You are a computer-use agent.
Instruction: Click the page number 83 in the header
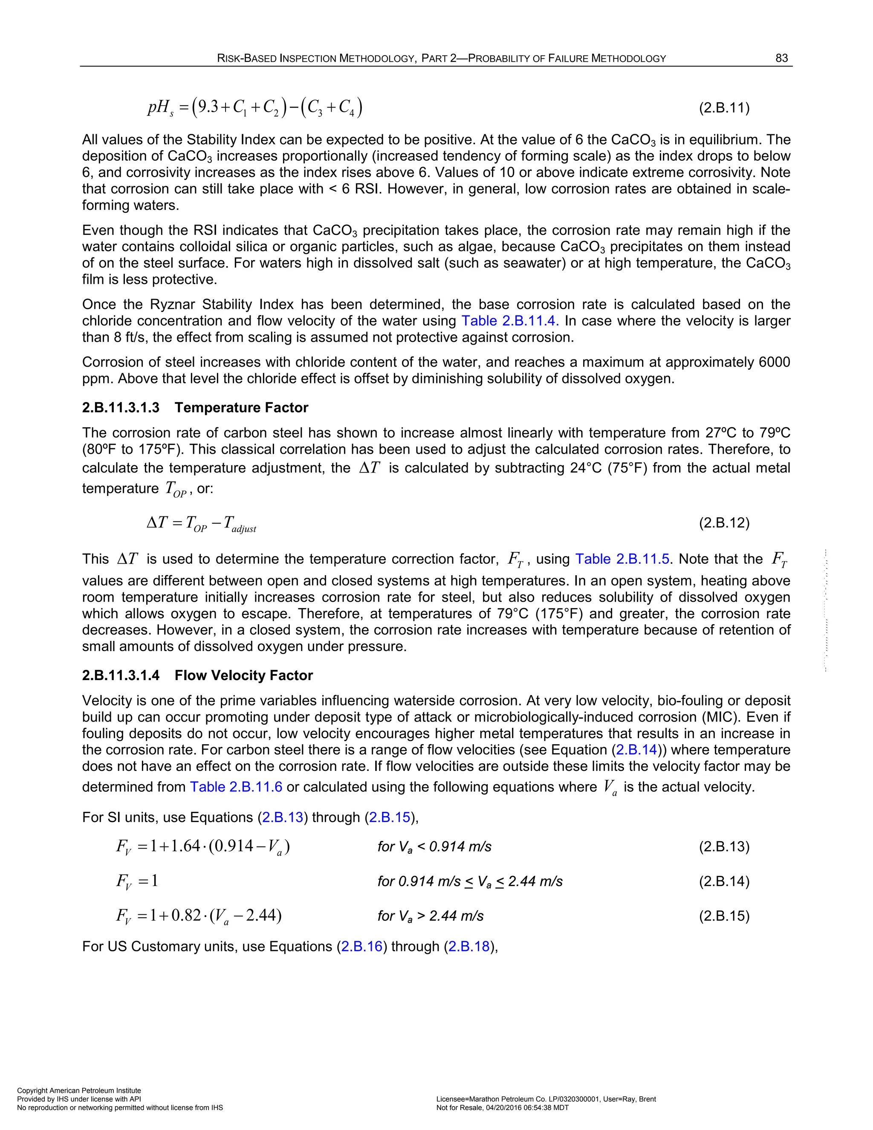pyautogui.click(x=781, y=58)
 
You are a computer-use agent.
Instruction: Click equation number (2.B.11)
pyautogui.click(x=724, y=108)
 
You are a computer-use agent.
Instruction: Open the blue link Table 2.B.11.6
pyautogui.click(x=236, y=787)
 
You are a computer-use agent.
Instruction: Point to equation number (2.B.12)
pyautogui.click(x=724, y=523)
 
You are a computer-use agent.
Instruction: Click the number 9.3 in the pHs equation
pyautogui.click(x=208, y=107)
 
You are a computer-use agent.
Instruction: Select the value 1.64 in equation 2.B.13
pyautogui.click(x=185, y=846)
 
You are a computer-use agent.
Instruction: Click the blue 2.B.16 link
pyautogui.click(x=361, y=946)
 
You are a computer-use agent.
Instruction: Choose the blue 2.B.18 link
pyautogui.click(x=468, y=946)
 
